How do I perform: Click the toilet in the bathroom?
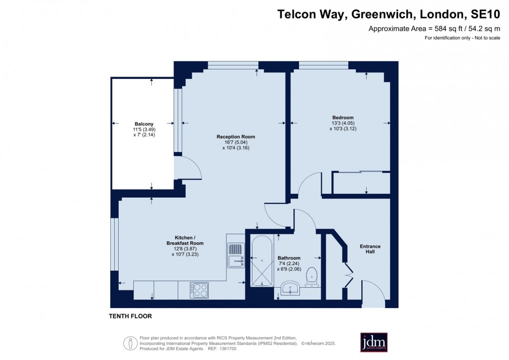(x=312, y=277)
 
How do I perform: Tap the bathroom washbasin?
(x=289, y=288)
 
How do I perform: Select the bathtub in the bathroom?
(x=261, y=261)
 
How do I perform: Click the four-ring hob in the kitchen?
(x=199, y=290)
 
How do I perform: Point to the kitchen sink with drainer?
(x=235, y=255)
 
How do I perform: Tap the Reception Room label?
(x=236, y=136)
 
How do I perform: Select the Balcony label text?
(x=144, y=124)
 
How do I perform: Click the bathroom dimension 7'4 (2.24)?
(x=289, y=264)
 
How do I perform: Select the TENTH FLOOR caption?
(x=130, y=316)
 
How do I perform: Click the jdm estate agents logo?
(x=374, y=343)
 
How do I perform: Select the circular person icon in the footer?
(x=131, y=343)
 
